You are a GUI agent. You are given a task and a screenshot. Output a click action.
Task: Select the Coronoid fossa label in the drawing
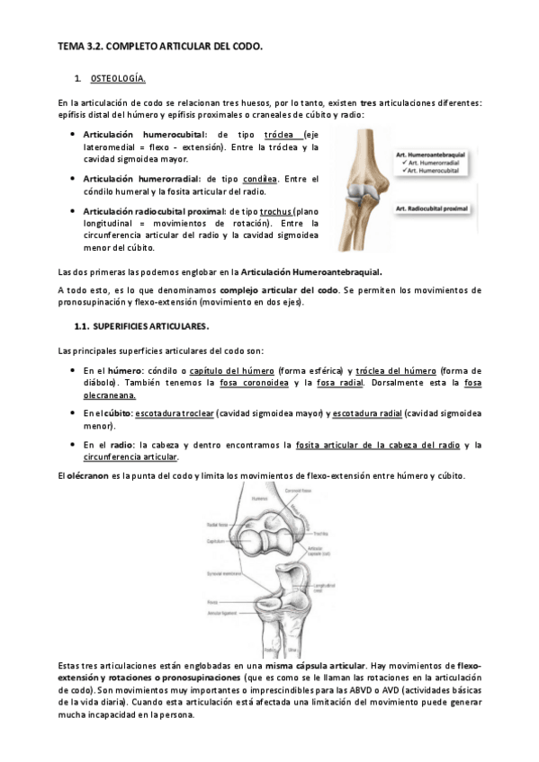click(x=309, y=491)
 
